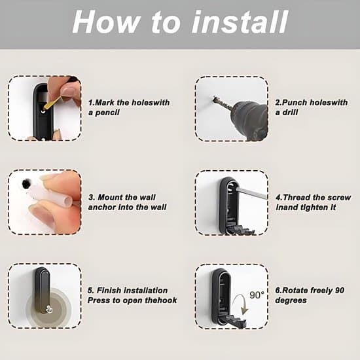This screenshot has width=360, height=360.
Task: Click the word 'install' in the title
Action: [x=240, y=22]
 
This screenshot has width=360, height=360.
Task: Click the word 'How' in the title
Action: [x=105, y=22]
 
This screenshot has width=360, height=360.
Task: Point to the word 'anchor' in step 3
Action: [x=101, y=207]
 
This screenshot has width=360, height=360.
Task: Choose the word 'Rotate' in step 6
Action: [x=295, y=291]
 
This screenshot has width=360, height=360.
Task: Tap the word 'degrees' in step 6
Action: [x=291, y=300]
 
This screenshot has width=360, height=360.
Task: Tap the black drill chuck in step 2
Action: [x=250, y=119]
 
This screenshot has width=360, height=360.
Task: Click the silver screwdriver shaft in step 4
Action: [x=251, y=193]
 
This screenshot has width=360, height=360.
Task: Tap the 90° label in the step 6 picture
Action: [x=257, y=295]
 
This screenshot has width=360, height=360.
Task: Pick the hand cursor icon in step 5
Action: [x=49, y=310]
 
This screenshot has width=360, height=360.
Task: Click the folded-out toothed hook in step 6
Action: [x=236, y=320]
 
